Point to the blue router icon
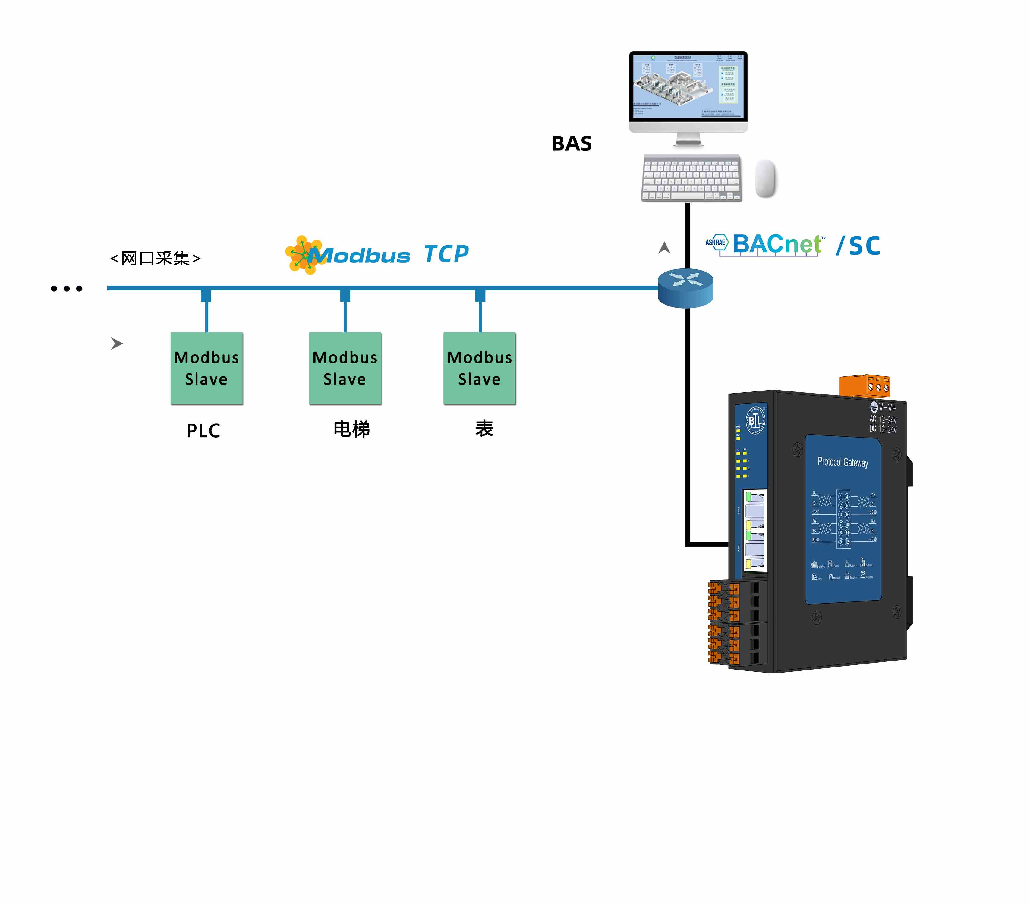685,287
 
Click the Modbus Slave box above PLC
206,368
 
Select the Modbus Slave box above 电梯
345,368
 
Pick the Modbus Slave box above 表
480,368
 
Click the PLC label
203,431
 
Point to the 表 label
484,428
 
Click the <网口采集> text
155,258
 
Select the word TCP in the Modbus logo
446,254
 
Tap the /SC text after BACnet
858,246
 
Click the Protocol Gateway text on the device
843,462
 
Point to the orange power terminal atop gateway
864,386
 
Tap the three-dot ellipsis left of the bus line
67,289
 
